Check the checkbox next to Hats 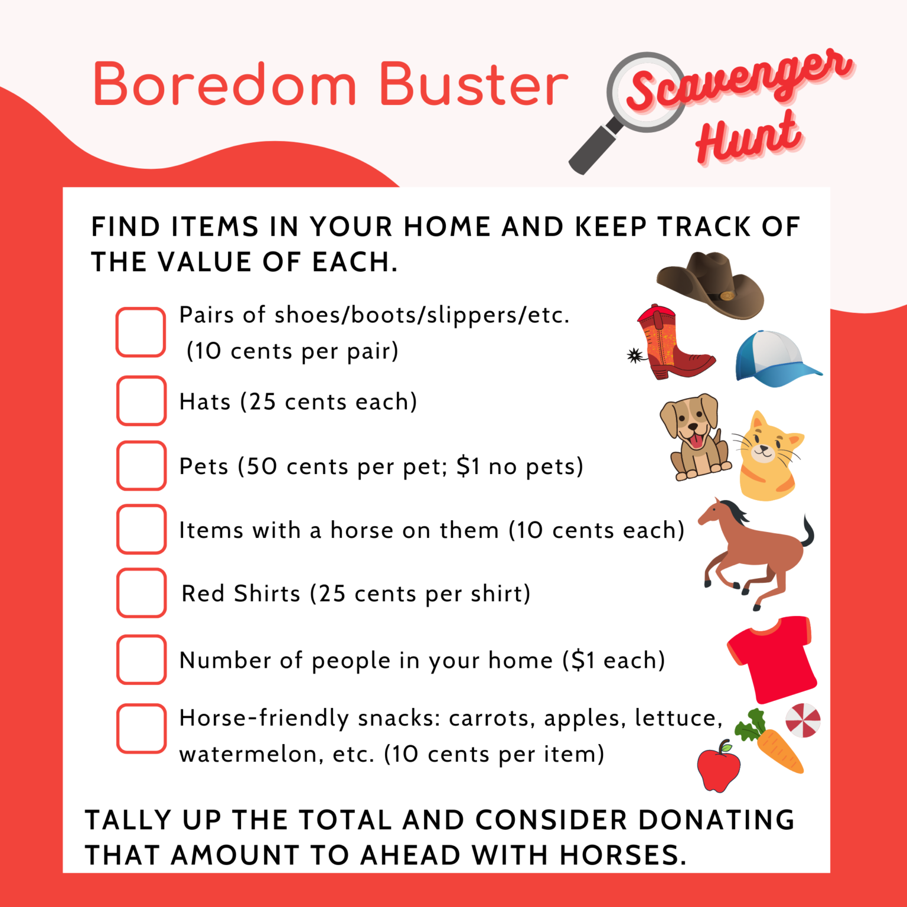pyautogui.click(x=141, y=401)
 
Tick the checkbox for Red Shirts pyautogui.click(x=141, y=593)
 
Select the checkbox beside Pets pyautogui.click(x=141, y=465)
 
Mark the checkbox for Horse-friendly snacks pyautogui.click(x=141, y=728)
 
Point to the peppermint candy pyautogui.click(x=803, y=720)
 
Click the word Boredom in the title pyautogui.click(x=225, y=84)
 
